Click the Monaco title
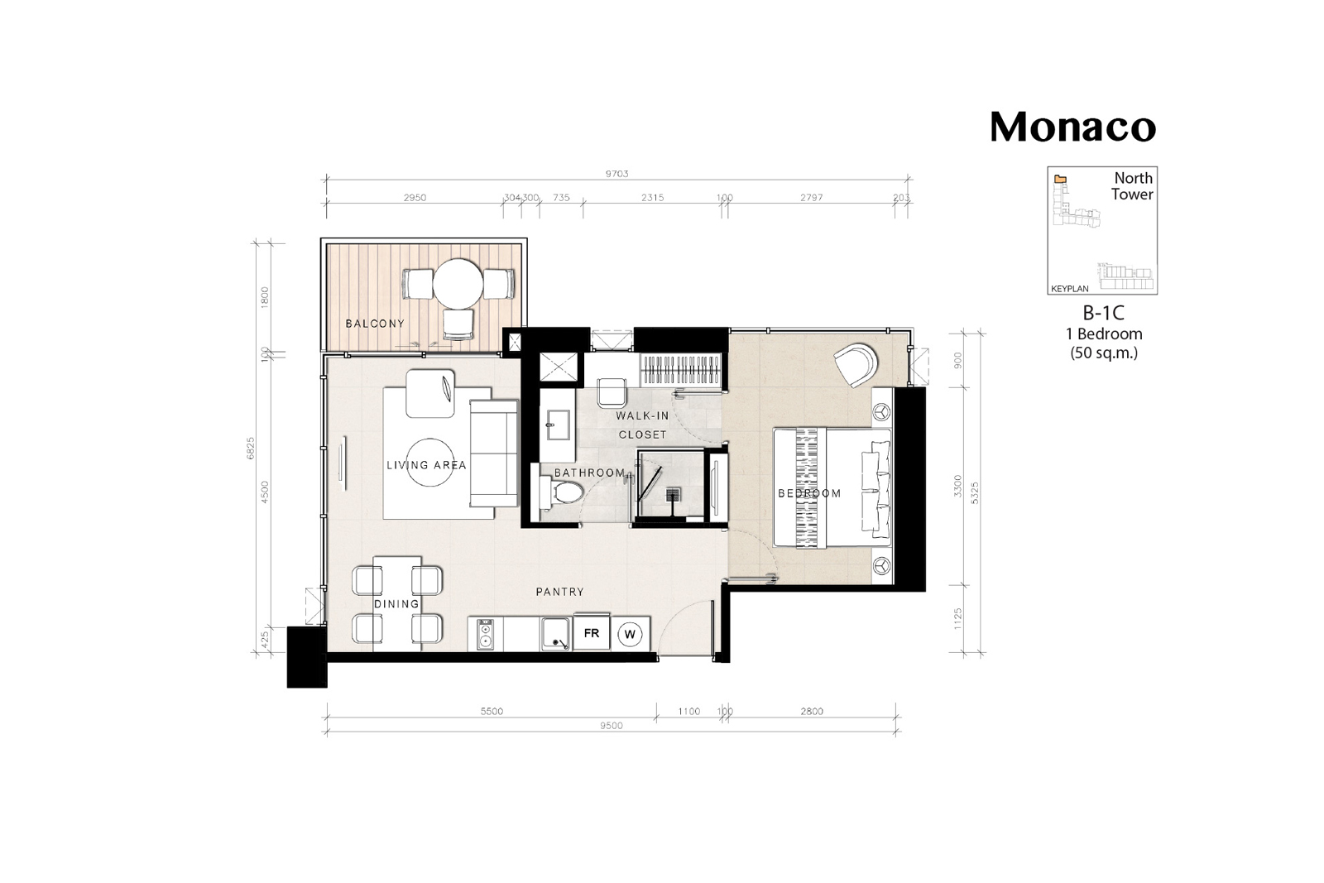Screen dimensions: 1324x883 (1072, 127)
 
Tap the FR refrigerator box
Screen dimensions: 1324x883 (592, 633)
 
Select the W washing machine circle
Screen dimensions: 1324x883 (630, 634)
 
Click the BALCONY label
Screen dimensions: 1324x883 (375, 324)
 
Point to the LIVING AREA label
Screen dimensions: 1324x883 (426, 465)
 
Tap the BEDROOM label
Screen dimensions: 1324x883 (809, 493)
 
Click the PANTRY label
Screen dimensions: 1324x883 (559, 592)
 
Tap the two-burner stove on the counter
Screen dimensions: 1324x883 (485, 634)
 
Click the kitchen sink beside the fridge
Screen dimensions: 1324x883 (555, 634)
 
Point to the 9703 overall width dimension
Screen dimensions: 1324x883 (616, 174)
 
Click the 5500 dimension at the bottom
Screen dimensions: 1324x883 (492, 712)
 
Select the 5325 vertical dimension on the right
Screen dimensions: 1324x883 (976, 493)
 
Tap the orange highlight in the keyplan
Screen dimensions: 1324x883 (1061, 179)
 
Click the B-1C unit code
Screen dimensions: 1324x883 (1103, 313)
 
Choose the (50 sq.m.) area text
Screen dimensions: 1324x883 (1104, 353)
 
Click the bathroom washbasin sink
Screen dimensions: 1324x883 (558, 425)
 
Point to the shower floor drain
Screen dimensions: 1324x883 (674, 495)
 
